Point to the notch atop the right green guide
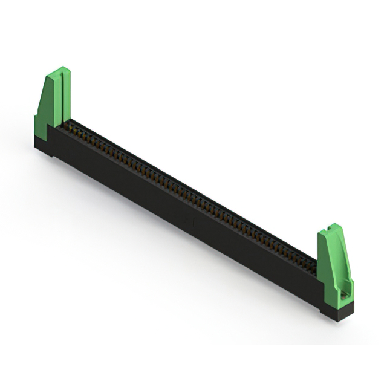332,228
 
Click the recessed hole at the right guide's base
345,295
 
